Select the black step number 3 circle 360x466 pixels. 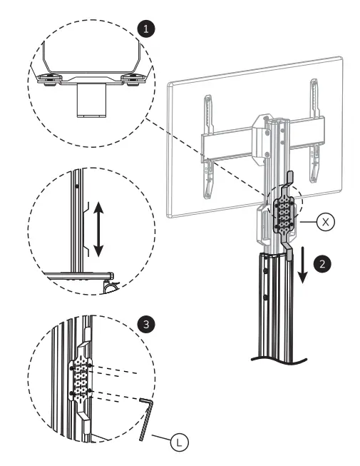click(146, 325)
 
